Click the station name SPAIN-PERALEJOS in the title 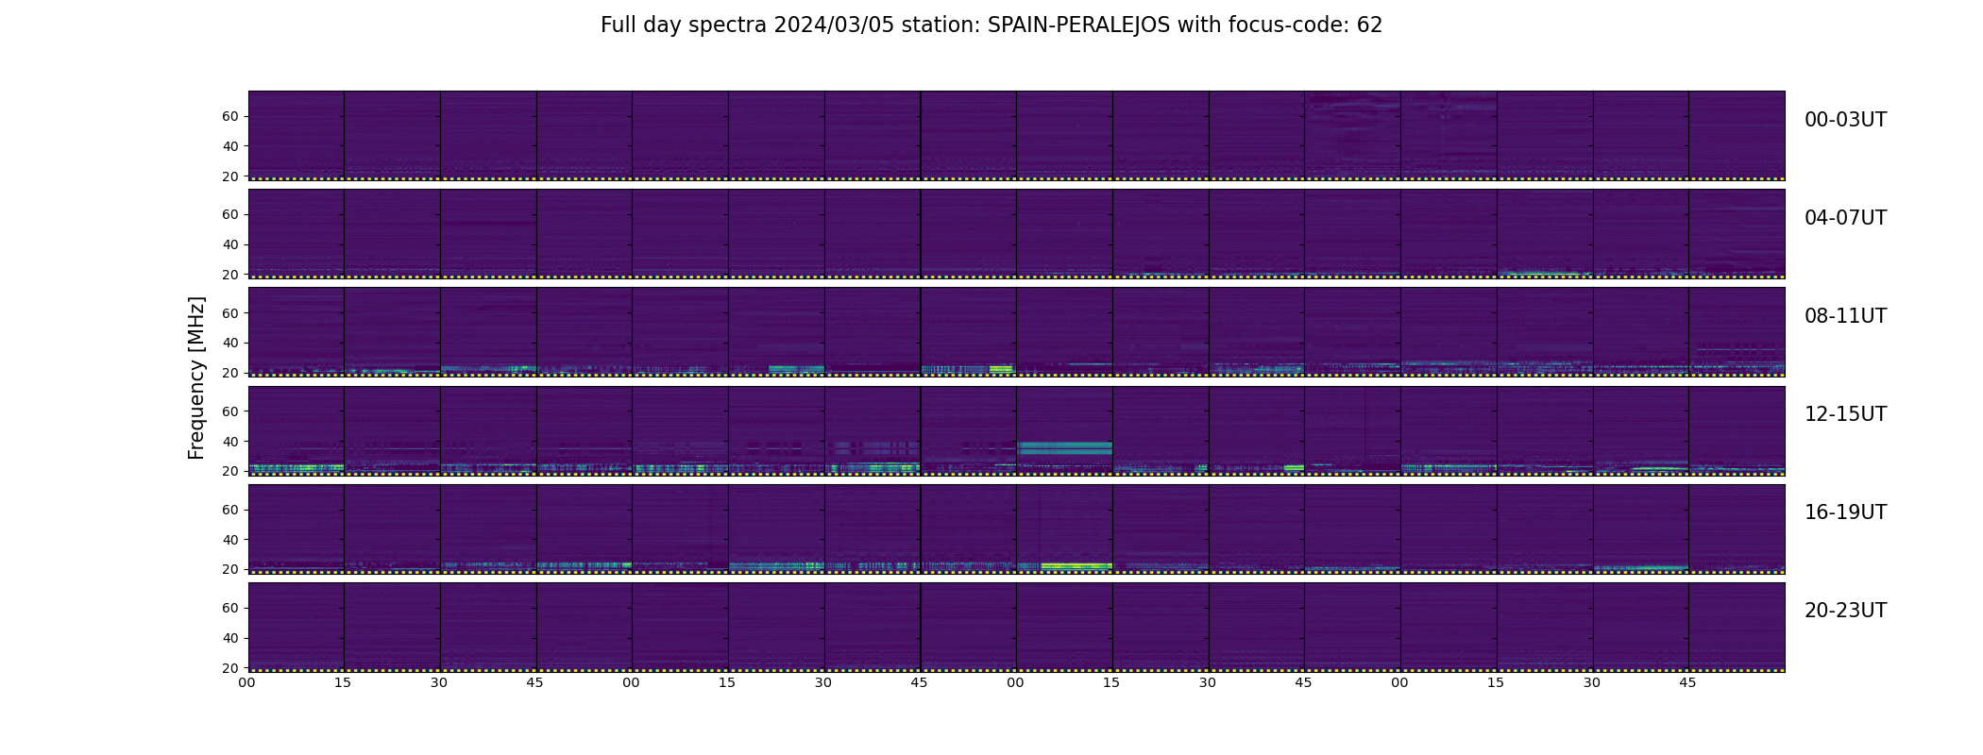coord(1078,25)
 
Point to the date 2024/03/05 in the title coord(824,25)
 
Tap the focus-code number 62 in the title coord(1369,25)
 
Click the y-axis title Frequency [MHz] coord(196,377)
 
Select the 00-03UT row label coord(1845,120)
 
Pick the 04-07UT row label coord(1845,218)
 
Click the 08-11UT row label coord(1845,316)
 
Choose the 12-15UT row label coord(1845,414)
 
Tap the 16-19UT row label coord(1845,512)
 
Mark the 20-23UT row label coord(1845,611)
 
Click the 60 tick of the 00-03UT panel coord(229,116)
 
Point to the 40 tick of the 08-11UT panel coord(229,343)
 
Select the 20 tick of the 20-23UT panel coord(229,667)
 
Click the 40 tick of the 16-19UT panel coord(229,539)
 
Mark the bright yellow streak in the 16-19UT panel coord(1076,565)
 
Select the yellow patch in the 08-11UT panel coord(1000,368)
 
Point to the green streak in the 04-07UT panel coord(1539,274)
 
